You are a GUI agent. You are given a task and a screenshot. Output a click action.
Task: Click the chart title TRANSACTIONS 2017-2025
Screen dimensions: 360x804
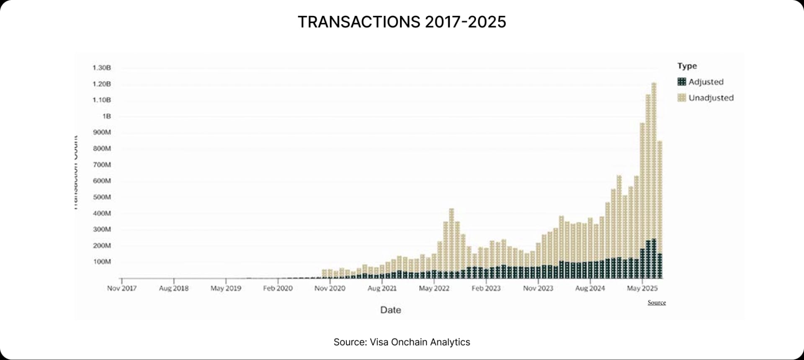coord(402,22)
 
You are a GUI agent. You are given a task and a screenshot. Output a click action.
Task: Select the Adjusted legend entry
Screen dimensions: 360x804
coord(706,82)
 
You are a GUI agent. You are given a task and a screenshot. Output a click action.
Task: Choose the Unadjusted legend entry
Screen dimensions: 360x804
coord(711,98)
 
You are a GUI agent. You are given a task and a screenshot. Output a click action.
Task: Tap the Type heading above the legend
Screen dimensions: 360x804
coord(687,66)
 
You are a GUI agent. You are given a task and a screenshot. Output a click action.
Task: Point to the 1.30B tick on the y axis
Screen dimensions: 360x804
coord(102,67)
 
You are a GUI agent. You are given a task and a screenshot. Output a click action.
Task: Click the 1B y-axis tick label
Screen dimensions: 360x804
coord(106,116)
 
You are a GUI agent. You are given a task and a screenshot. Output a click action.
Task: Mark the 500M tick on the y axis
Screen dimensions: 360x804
coord(102,197)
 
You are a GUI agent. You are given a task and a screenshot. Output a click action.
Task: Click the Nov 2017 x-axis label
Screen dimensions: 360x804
coord(121,288)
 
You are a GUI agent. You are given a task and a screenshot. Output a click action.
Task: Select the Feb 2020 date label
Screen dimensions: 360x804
coord(278,288)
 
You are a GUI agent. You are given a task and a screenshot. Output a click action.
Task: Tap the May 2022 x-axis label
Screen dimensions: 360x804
coord(434,288)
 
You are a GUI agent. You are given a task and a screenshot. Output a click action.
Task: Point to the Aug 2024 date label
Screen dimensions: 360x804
coord(590,288)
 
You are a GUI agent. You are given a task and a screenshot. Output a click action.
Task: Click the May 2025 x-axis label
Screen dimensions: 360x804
coord(642,288)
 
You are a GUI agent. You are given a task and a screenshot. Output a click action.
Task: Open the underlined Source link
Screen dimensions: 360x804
coord(656,302)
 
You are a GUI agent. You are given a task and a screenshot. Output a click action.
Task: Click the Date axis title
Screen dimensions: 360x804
coord(390,310)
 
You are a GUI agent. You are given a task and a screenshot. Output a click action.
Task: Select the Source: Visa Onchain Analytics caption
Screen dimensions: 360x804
coord(402,342)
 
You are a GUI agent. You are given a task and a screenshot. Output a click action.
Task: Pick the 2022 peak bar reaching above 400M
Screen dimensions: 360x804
coord(451,243)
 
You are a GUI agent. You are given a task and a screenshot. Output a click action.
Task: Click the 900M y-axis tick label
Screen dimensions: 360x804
coord(102,132)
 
